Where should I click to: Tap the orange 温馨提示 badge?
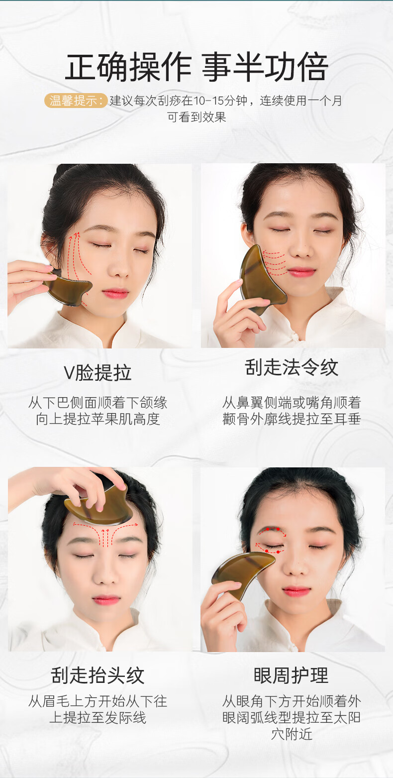click(76, 101)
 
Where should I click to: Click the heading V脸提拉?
click(98, 372)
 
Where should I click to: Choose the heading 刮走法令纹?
click(292, 368)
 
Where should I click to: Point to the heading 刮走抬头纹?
click(98, 675)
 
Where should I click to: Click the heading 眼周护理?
click(291, 675)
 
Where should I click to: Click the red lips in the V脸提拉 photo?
click(115, 294)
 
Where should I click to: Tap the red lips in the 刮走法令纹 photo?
click(301, 272)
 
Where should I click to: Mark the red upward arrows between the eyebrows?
click(105, 538)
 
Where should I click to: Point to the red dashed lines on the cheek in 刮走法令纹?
click(275, 263)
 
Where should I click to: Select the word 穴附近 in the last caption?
click(292, 734)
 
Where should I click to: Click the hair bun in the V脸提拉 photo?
click(62, 172)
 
